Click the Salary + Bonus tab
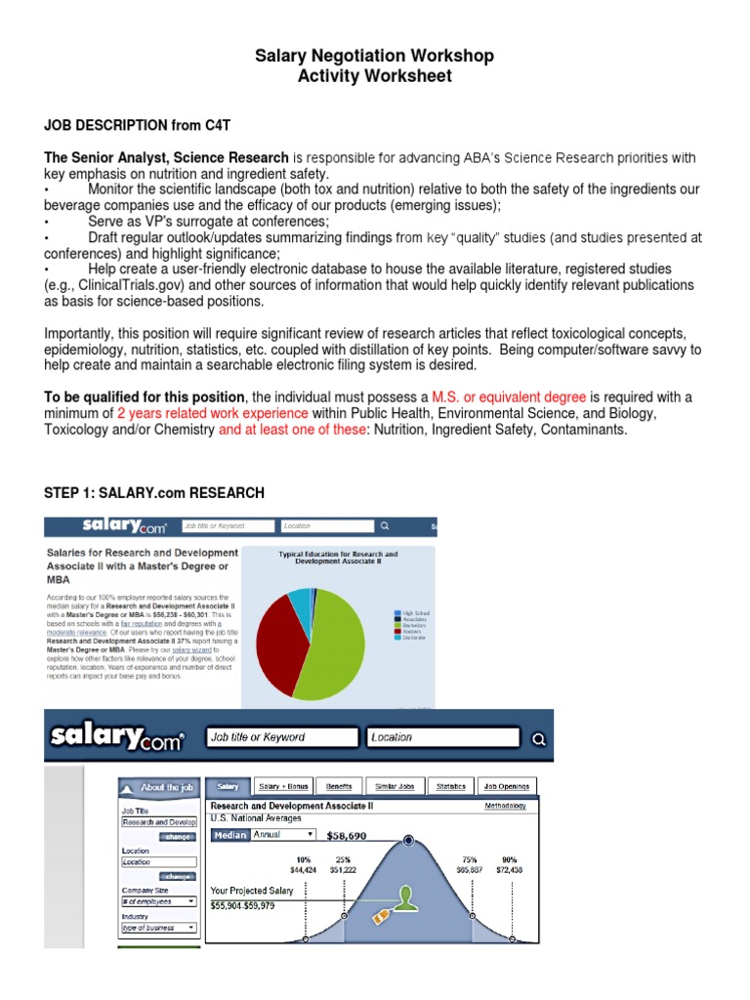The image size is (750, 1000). click(x=282, y=785)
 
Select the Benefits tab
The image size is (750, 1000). click(x=339, y=785)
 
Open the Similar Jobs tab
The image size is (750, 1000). click(x=395, y=785)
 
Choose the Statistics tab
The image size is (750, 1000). click(x=451, y=785)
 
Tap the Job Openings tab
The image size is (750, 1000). click(x=507, y=785)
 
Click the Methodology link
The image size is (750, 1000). click(x=505, y=806)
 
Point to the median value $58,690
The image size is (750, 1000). click(x=346, y=837)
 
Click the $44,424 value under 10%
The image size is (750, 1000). click(x=304, y=869)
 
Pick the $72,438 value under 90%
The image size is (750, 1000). click(x=509, y=869)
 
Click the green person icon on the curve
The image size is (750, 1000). click(x=409, y=896)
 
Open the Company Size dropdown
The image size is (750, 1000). click(x=158, y=901)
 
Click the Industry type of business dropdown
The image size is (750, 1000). click(x=158, y=928)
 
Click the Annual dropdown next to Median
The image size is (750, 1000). click(x=283, y=835)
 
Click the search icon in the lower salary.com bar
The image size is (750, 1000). click(x=537, y=738)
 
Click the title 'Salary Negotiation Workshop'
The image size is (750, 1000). click(x=375, y=56)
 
